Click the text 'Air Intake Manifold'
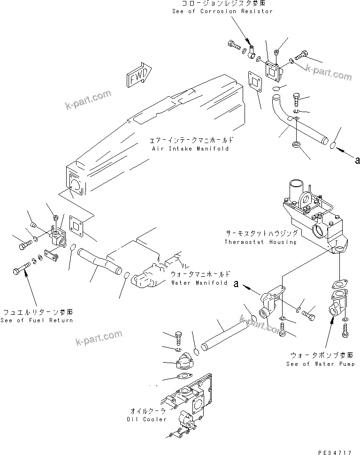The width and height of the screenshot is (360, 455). pos(190,149)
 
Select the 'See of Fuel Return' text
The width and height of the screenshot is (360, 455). pos(37,320)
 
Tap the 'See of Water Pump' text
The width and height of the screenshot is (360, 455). pos(321,364)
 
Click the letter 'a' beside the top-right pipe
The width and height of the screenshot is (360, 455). pos(357,160)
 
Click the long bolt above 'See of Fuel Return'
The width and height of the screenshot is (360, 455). pos(21,271)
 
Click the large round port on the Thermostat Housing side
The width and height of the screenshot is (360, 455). pos(319,230)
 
